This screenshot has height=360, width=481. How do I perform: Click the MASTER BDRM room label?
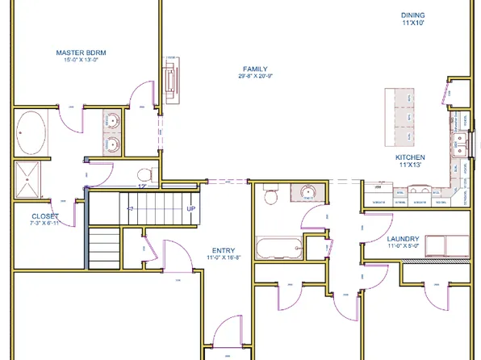click(82, 52)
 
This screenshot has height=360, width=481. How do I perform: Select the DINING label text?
click(412, 15)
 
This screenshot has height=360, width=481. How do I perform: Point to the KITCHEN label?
click(410, 157)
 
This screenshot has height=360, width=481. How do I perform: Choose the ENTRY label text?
click(223, 250)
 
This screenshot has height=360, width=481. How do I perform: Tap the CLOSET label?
click(45, 216)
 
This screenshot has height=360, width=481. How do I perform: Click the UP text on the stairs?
click(191, 209)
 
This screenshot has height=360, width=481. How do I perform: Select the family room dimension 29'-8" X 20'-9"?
click(256, 77)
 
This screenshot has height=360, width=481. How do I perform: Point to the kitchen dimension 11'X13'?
click(410, 165)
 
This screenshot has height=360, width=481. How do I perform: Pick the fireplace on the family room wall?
click(170, 81)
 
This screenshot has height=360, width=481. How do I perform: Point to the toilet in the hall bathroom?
click(270, 196)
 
